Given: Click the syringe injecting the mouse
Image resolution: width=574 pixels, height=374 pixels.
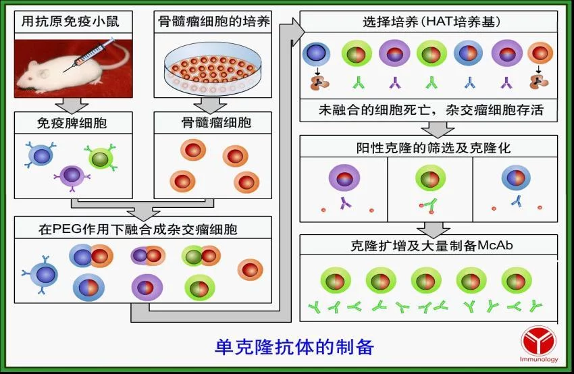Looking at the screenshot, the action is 90,54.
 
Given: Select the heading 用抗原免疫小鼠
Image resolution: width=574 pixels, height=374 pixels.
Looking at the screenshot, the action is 71,22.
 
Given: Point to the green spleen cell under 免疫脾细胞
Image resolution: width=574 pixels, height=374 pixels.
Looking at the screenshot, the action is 101,158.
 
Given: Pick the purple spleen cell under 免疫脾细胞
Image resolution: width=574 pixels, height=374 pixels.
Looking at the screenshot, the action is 72,176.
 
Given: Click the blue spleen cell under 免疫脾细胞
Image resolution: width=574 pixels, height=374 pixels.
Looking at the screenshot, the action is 41,155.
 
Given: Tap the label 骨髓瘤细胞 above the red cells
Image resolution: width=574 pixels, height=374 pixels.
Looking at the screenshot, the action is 216,123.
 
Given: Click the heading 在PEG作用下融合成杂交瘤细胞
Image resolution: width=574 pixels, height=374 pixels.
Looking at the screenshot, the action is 138,230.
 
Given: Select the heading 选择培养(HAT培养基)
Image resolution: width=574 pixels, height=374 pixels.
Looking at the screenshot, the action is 432,22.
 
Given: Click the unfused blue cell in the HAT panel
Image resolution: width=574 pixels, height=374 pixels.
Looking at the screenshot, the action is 316,54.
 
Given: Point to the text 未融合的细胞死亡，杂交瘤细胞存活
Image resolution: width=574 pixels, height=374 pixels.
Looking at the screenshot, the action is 432,109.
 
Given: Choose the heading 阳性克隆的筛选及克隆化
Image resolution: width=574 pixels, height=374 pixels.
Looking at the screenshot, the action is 434,148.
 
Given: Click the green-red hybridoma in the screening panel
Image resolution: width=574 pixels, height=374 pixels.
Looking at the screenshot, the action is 430,178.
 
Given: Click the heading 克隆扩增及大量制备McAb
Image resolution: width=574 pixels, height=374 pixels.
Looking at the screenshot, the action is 432,245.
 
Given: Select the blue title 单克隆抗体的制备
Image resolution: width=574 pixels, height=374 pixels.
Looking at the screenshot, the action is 294,347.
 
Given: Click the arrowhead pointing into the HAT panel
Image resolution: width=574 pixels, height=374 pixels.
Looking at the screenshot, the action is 298,32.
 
